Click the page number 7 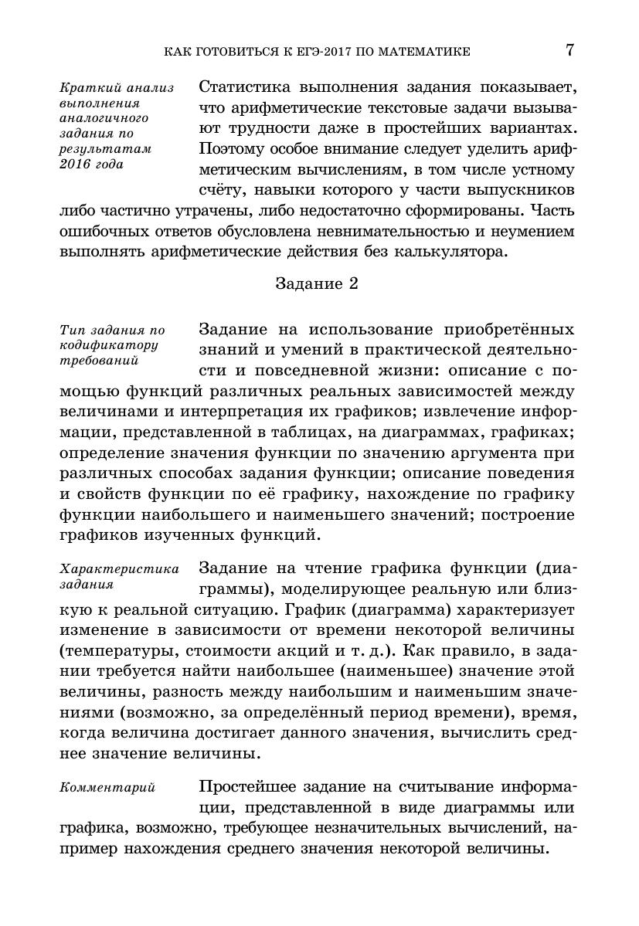coord(569,51)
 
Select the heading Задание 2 coord(318,283)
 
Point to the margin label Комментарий coord(107,788)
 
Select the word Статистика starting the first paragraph coord(248,87)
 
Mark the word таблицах coord(354,430)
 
